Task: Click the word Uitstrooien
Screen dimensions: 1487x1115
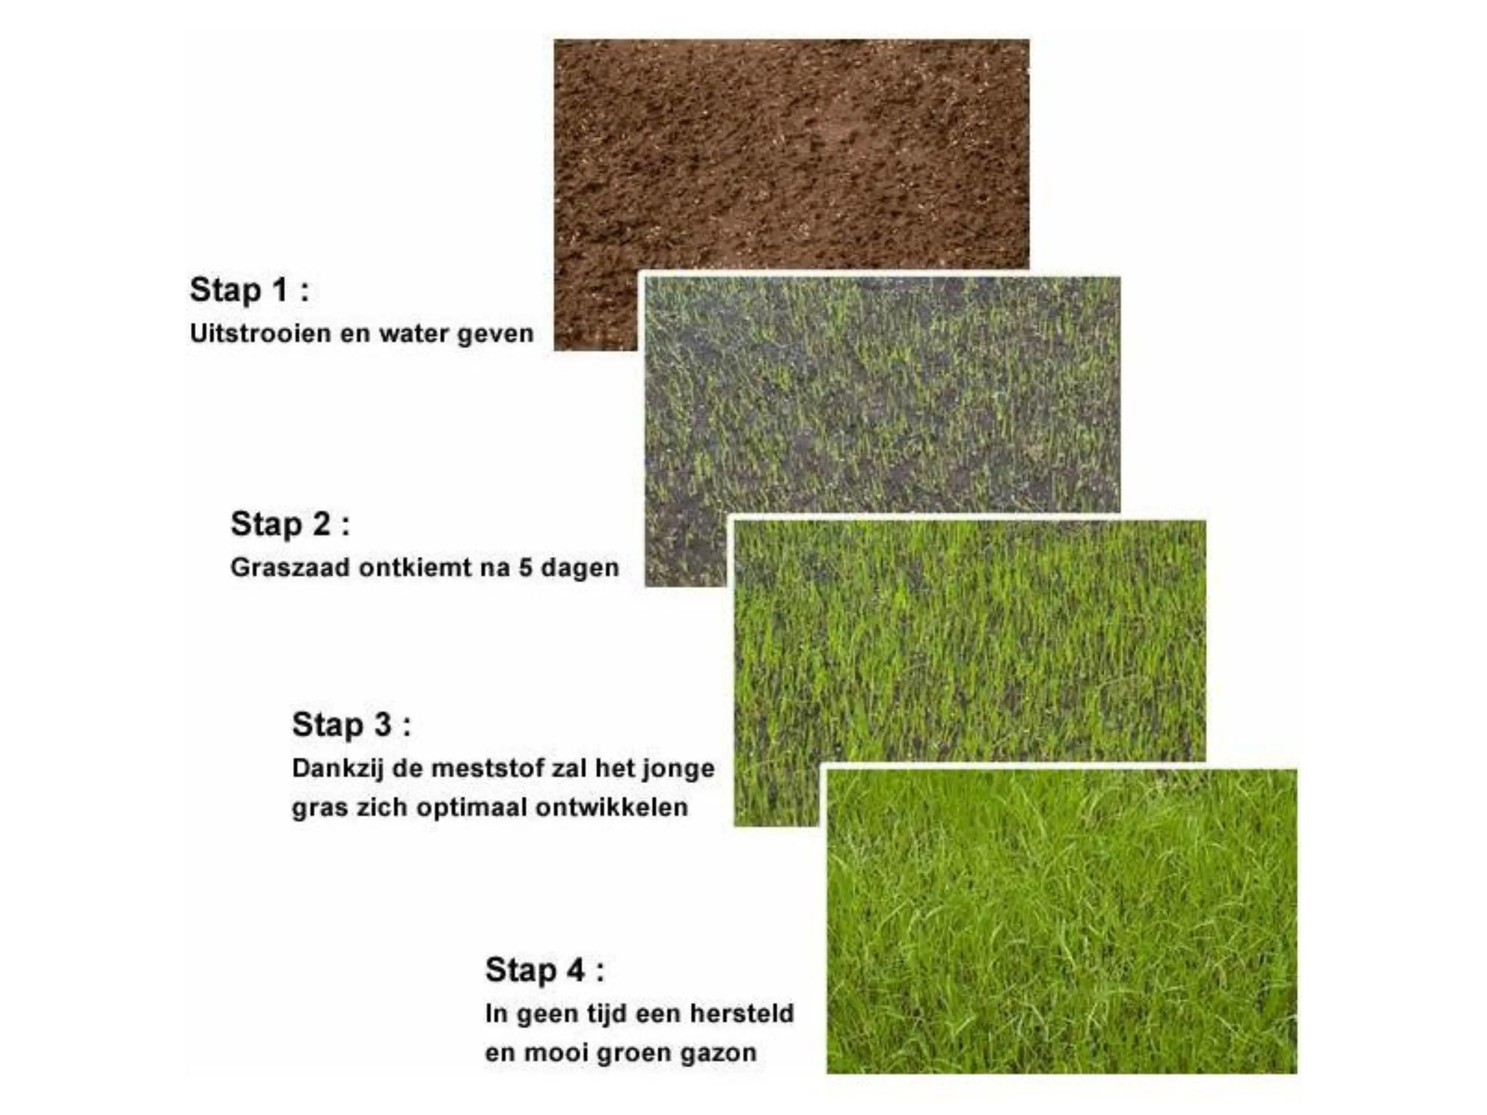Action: [261, 333]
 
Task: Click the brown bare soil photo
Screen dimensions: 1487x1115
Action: [791, 155]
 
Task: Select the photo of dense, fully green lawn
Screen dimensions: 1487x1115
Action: [1061, 921]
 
